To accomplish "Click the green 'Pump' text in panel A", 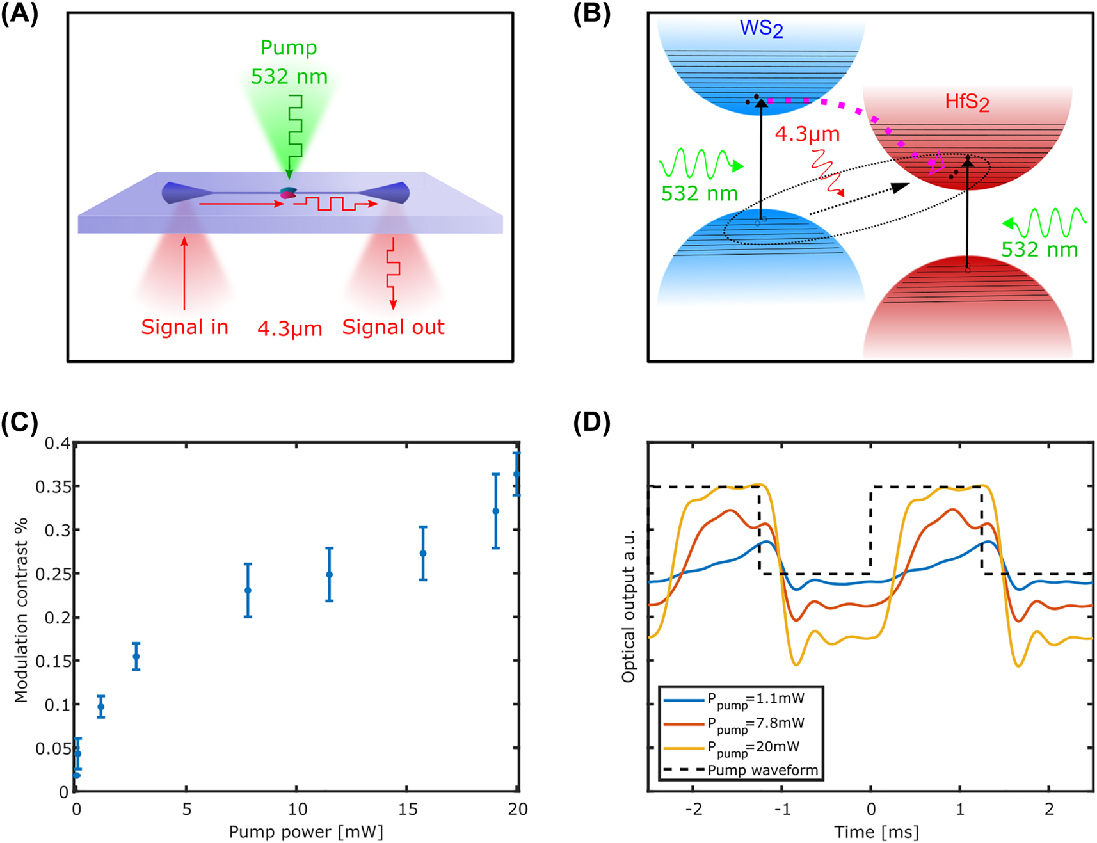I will (x=289, y=48).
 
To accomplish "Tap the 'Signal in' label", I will (x=184, y=327).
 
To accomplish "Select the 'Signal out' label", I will (x=393, y=327).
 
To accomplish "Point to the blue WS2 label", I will (x=761, y=29).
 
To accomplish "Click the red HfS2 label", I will (x=966, y=102).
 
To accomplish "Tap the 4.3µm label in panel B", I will (x=807, y=134).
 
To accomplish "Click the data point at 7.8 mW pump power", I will (x=248, y=590).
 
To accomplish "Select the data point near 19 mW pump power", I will (x=495, y=511).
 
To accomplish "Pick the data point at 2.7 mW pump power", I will (x=136, y=657).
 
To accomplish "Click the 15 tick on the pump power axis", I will (x=408, y=809).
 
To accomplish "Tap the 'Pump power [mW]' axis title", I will (x=306, y=831).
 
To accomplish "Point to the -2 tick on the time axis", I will (x=693, y=809).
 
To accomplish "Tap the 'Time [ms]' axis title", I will (x=876, y=831).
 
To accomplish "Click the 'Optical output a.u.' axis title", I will (x=629, y=606).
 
